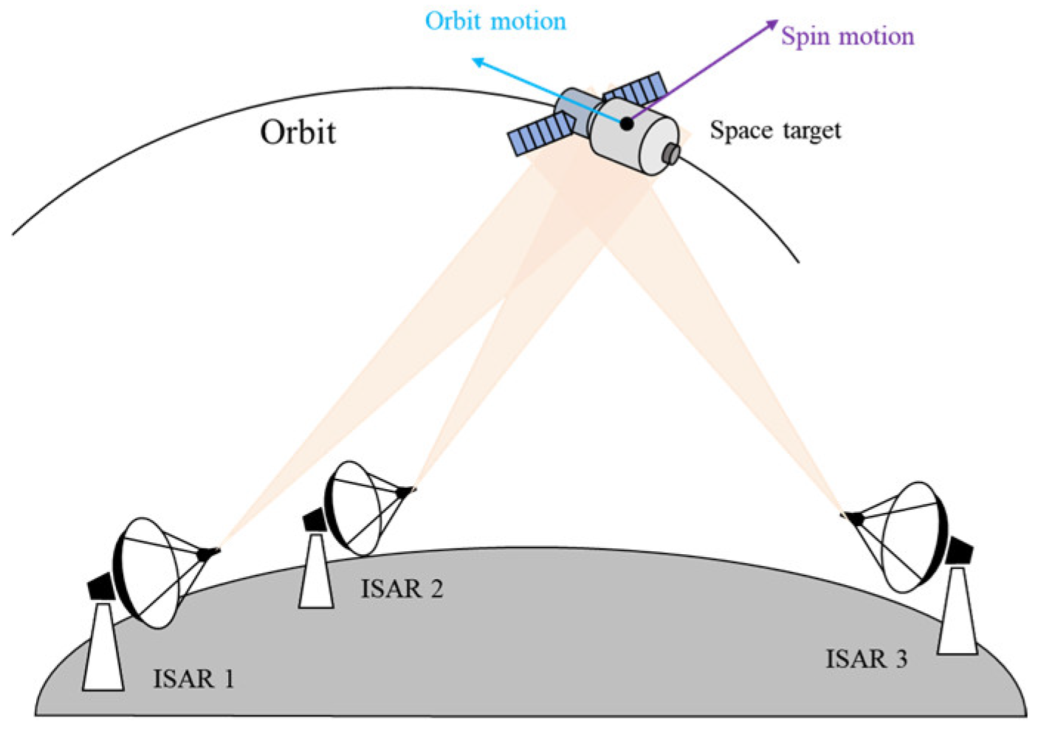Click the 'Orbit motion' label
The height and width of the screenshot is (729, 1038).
495,21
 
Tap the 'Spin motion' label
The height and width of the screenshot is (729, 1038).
848,37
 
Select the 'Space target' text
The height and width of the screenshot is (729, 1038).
775,131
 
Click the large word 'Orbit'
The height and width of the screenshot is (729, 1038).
298,133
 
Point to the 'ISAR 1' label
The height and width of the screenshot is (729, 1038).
193,678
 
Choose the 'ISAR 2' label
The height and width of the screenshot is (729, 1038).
402,589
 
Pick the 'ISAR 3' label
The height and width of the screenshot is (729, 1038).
866,659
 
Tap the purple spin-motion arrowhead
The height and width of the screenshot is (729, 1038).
772,24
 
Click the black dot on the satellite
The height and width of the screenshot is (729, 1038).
626,124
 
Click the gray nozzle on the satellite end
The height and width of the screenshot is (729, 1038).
671,153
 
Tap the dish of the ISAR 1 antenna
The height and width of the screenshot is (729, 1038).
148,573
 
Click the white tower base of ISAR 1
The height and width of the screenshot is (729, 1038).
103,649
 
